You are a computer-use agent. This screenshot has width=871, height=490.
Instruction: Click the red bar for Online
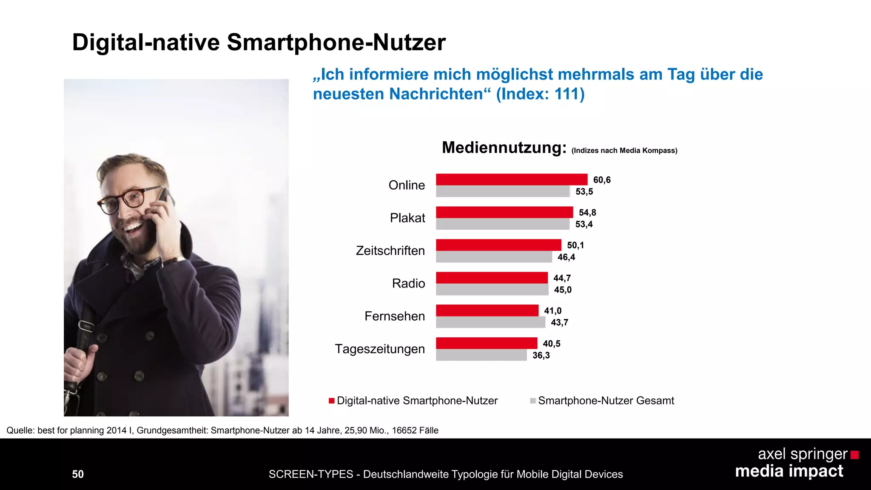click(x=512, y=179)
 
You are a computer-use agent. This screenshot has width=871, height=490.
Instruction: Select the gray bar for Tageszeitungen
click(x=481, y=355)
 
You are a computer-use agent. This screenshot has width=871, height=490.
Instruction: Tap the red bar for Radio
click(x=492, y=278)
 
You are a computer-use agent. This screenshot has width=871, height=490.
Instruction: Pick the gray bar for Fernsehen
click(x=490, y=322)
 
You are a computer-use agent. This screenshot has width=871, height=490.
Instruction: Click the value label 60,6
click(x=602, y=180)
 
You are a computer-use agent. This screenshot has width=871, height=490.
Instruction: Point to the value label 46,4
click(x=566, y=257)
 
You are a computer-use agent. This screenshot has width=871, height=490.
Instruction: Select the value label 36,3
click(x=541, y=355)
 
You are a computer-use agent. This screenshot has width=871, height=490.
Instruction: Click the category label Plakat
click(x=407, y=218)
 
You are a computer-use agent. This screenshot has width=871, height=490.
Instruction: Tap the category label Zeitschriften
click(x=390, y=251)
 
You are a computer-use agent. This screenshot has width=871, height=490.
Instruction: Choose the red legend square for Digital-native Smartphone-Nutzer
click(x=332, y=401)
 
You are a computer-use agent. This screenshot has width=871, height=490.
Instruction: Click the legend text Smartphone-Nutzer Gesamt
click(x=606, y=401)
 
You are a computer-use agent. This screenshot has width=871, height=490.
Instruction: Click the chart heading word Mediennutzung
click(x=504, y=148)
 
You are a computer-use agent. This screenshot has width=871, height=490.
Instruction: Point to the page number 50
click(x=78, y=474)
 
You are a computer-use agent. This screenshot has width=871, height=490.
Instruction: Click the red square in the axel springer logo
click(x=854, y=455)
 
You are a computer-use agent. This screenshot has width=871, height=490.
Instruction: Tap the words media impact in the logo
click(x=789, y=471)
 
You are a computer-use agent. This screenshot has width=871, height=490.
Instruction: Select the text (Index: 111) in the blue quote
click(x=540, y=94)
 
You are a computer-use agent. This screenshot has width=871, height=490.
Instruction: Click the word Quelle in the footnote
click(x=20, y=430)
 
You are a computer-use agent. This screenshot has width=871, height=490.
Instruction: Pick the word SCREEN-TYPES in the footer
click(x=311, y=474)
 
